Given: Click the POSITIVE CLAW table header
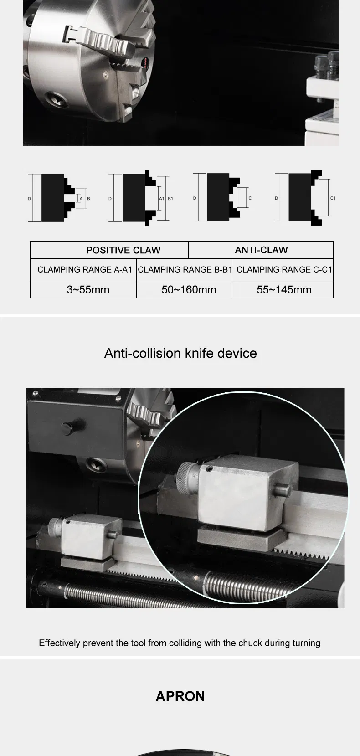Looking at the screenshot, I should [x=123, y=250].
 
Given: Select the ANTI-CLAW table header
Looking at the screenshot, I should [x=261, y=250].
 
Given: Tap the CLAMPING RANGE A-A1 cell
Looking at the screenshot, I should [x=84, y=270].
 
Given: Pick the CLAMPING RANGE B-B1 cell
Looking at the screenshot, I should [x=185, y=270].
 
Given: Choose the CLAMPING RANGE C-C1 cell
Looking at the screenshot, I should [x=284, y=270].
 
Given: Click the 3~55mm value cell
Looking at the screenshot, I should [x=88, y=290].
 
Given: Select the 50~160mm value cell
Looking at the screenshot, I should [x=189, y=290].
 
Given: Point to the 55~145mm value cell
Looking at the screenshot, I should [x=284, y=290].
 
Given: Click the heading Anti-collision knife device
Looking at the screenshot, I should [x=180, y=353].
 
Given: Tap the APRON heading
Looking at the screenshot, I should [x=180, y=696].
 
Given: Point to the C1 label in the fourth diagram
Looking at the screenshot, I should [x=333, y=198].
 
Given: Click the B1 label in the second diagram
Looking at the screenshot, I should [x=170, y=199].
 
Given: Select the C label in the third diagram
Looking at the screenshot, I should [x=250, y=198].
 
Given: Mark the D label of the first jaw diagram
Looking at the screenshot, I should [x=29, y=199].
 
